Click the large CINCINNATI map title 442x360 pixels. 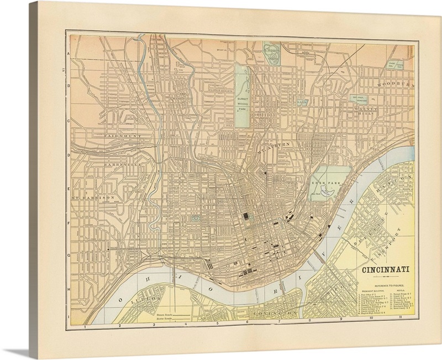[385, 270]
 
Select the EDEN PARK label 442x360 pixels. [323, 181]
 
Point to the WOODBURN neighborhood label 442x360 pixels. [394, 85]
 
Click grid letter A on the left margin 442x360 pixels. [69, 54]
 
